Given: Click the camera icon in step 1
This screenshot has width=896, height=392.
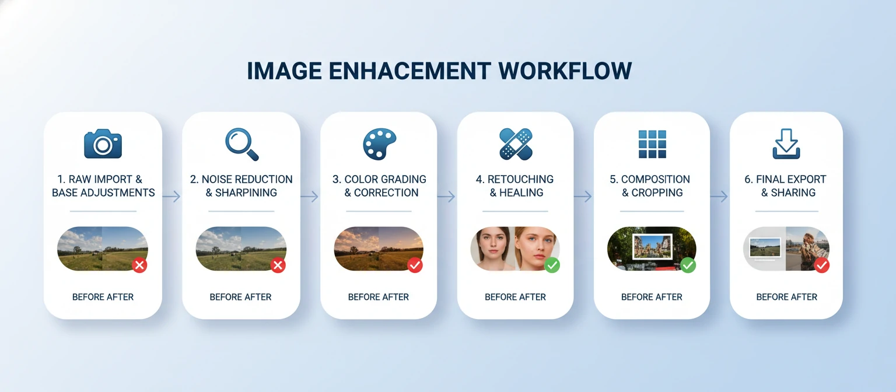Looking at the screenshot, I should pos(103,143).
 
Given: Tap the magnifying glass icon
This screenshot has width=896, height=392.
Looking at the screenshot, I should pos(242,144).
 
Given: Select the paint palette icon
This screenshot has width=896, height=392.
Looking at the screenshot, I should pos(379,144).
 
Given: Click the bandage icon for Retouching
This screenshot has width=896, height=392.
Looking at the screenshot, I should pos(516,144).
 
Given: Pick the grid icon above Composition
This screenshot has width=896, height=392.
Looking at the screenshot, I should pos(652,144).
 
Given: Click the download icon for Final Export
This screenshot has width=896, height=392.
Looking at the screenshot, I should pos(786,144).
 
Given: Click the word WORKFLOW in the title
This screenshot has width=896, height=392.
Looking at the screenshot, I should pos(565,71).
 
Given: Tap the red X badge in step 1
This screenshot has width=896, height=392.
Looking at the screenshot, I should pos(139,265).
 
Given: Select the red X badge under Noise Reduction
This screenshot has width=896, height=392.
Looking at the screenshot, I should pos(278,265).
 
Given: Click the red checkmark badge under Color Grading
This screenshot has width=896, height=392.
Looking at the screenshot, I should pos(415,265).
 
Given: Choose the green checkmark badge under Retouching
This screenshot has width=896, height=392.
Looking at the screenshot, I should pos(552,265).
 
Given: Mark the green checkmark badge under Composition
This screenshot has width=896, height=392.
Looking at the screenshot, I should pos(688,265).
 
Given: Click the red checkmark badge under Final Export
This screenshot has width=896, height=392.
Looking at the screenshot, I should pos(821,265).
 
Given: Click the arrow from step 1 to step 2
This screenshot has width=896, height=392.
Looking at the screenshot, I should pos(171,197).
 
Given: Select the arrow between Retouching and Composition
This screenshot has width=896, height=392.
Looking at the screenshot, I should pos(583,197).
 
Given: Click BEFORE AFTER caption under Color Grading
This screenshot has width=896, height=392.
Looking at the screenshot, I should pos(379,297).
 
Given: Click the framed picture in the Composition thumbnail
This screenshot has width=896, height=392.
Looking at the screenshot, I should pos(652,247).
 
